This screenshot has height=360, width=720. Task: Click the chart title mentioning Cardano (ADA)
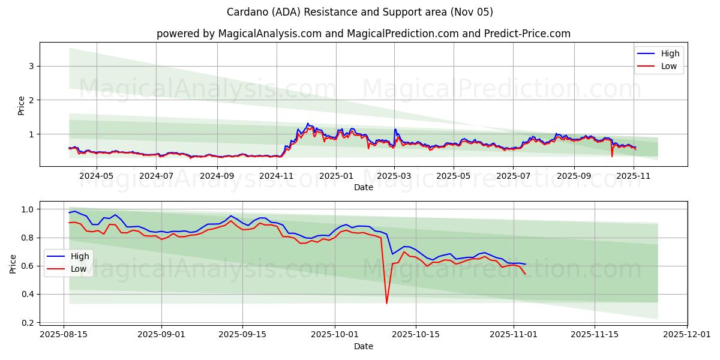pyautogui.click(x=360, y=12)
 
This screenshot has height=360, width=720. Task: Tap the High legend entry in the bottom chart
pyautogui.click(x=79, y=256)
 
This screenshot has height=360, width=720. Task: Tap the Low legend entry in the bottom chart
pyautogui.click(x=79, y=269)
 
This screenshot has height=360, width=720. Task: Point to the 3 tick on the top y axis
pyautogui.click(x=32, y=66)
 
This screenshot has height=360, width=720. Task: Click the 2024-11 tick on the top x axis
pyautogui.click(x=277, y=176)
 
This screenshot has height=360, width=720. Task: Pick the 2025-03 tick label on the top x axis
pyautogui.click(x=394, y=176)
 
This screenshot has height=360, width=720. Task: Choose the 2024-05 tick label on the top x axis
pyautogui.click(x=96, y=176)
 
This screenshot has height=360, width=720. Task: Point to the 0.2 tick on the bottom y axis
pyautogui.click(x=28, y=323)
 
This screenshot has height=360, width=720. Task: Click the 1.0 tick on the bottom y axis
pyautogui.click(x=28, y=209)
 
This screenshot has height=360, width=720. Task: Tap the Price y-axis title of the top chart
pyautogui.click(x=22, y=105)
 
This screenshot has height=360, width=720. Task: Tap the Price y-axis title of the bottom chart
pyautogui.click(x=13, y=263)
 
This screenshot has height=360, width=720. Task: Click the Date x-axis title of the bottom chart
pyautogui.click(x=363, y=346)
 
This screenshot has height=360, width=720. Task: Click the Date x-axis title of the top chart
pyautogui.click(x=363, y=187)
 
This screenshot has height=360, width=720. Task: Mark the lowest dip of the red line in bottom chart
pyautogui.click(x=386, y=303)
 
